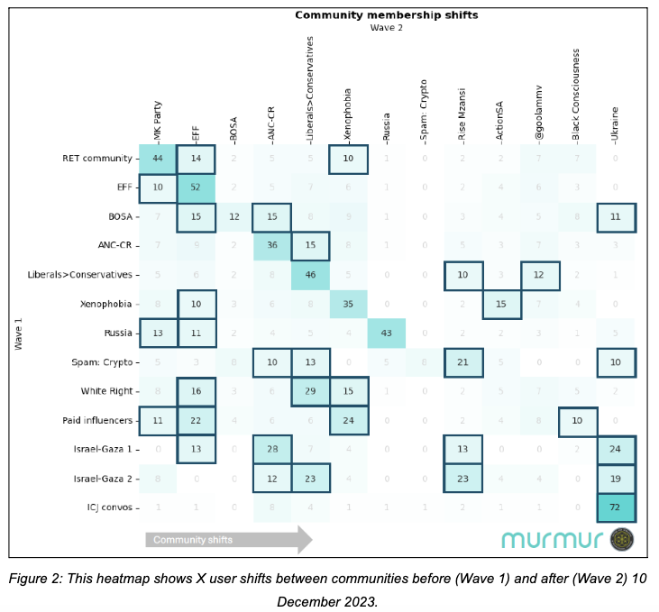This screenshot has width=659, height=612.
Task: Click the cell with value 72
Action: click(617, 507)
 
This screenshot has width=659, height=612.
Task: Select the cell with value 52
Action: click(196, 187)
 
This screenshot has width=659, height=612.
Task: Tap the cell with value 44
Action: click(157, 159)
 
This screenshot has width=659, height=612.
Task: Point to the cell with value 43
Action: click(387, 334)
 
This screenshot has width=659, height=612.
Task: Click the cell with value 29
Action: click(310, 392)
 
